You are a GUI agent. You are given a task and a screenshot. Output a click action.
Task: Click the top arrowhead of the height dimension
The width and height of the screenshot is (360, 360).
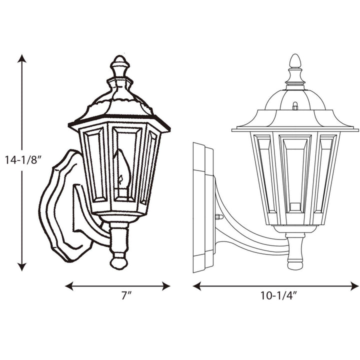(x=21, y=58)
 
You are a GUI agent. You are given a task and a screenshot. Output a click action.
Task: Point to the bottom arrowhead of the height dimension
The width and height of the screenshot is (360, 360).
(x=21, y=267)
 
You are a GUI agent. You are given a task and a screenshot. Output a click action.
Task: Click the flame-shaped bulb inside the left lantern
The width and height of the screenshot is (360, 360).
(x=121, y=170)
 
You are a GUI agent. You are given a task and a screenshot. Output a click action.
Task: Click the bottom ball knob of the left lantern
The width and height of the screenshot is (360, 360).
(x=119, y=260)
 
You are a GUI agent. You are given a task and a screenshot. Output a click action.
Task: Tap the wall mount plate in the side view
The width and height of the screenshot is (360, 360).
(x=203, y=207)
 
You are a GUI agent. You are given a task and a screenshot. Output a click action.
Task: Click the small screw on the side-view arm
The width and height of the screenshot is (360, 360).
(x=218, y=217)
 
